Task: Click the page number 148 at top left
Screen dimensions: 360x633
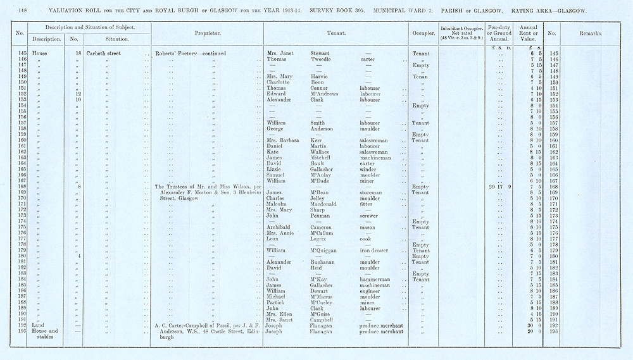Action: [23, 11]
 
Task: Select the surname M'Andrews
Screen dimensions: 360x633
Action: [327, 94]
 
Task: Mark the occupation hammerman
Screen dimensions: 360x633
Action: [375, 280]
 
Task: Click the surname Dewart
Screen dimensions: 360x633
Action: [321, 291]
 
